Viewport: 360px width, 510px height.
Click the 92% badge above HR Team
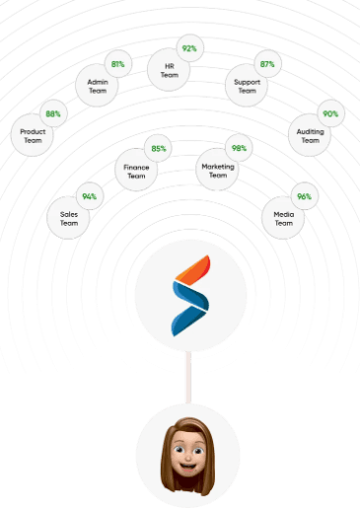[x=189, y=48]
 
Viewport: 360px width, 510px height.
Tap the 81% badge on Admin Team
[x=118, y=64]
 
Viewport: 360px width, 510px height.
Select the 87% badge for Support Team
[x=267, y=64]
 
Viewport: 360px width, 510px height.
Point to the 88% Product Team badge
[x=53, y=113]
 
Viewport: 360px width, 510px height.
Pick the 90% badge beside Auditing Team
[x=330, y=113]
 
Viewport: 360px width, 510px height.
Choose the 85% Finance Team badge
[x=159, y=149]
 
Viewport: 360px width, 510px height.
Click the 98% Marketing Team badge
[x=239, y=148]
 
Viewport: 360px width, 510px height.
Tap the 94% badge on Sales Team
[x=90, y=196]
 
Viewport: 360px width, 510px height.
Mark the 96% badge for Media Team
[x=305, y=196]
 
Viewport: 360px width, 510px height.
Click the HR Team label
[x=170, y=70]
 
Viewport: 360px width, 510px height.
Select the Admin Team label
[x=98, y=86]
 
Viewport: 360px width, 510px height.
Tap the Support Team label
[x=248, y=86]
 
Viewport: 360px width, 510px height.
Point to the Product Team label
[x=33, y=136]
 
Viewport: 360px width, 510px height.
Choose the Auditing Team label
[x=311, y=136]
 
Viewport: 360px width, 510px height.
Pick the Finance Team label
[x=136, y=172]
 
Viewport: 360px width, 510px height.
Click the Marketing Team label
[x=218, y=171]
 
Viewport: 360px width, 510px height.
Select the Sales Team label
[x=69, y=219]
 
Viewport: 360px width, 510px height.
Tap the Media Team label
[x=284, y=219]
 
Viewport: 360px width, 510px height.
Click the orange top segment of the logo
[x=193, y=269]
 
